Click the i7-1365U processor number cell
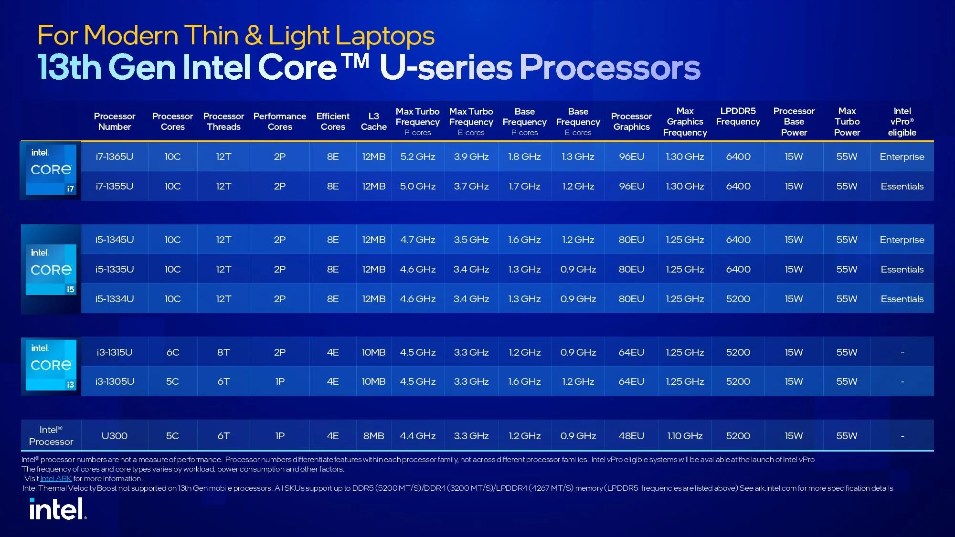pyautogui.click(x=115, y=157)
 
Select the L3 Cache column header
pyautogui.click(x=373, y=122)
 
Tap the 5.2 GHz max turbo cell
pyautogui.click(x=417, y=157)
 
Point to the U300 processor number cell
pyautogui.click(x=115, y=436)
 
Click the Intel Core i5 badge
pyautogui.click(x=51, y=270)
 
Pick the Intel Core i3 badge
pyautogui.click(x=51, y=365)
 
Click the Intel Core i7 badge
pyautogui.click(x=51, y=169)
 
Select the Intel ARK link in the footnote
pyautogui.click(x=56, y=479)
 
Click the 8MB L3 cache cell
pyautogui.click(x=373, y=436)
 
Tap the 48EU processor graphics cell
pyautogui.click(x=631, y=436)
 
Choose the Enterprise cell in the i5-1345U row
pyautogui.click(x=902, y=240)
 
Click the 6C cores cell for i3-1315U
pyautogui.click(x=172, y=352)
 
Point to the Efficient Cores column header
pyautogui.click(x=333, y=122)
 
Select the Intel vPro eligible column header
pyautogui.click(x=902, y=122)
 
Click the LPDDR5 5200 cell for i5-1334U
pyautogui.click(x=738, y=299)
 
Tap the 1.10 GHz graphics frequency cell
pyautogui.click(x=685, y=436)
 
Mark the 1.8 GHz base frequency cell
pyautogui.click(x=524, y=157)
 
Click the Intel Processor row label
pyautogui.click(x=51, y=436)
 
